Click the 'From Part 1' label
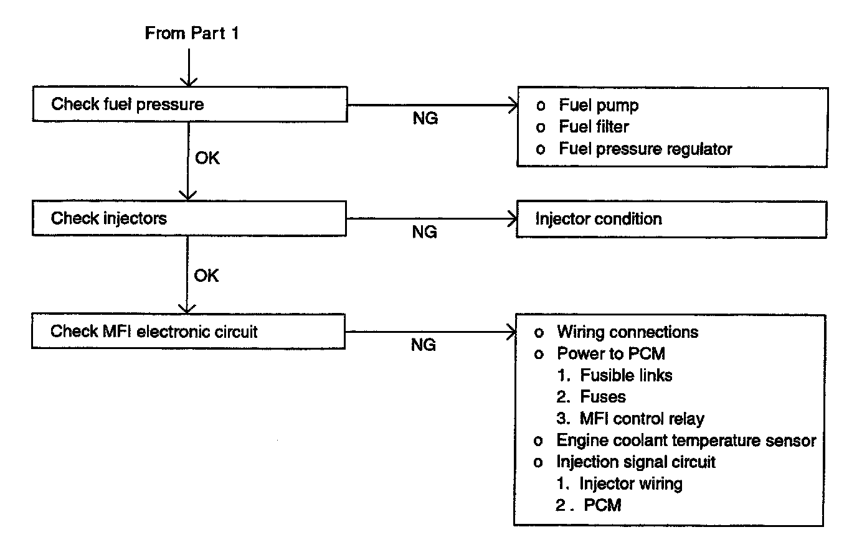point(192,33)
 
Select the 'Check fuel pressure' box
point(190,104)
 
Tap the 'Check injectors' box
point(189,218)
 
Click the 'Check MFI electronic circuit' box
point(189,331)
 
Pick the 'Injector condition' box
point(672,219)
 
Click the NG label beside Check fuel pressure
point(425,118)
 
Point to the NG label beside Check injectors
point(425,232)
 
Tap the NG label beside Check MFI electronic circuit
point(424,345)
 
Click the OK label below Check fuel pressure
point(207,158)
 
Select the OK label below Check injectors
point(206,276)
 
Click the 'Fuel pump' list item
point(599,106)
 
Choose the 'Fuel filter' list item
point(594,127)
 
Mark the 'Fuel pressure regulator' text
point(646,149)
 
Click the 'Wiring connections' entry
point(628,332)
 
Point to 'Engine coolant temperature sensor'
point(686,440)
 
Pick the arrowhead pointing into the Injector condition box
point(513,219)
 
